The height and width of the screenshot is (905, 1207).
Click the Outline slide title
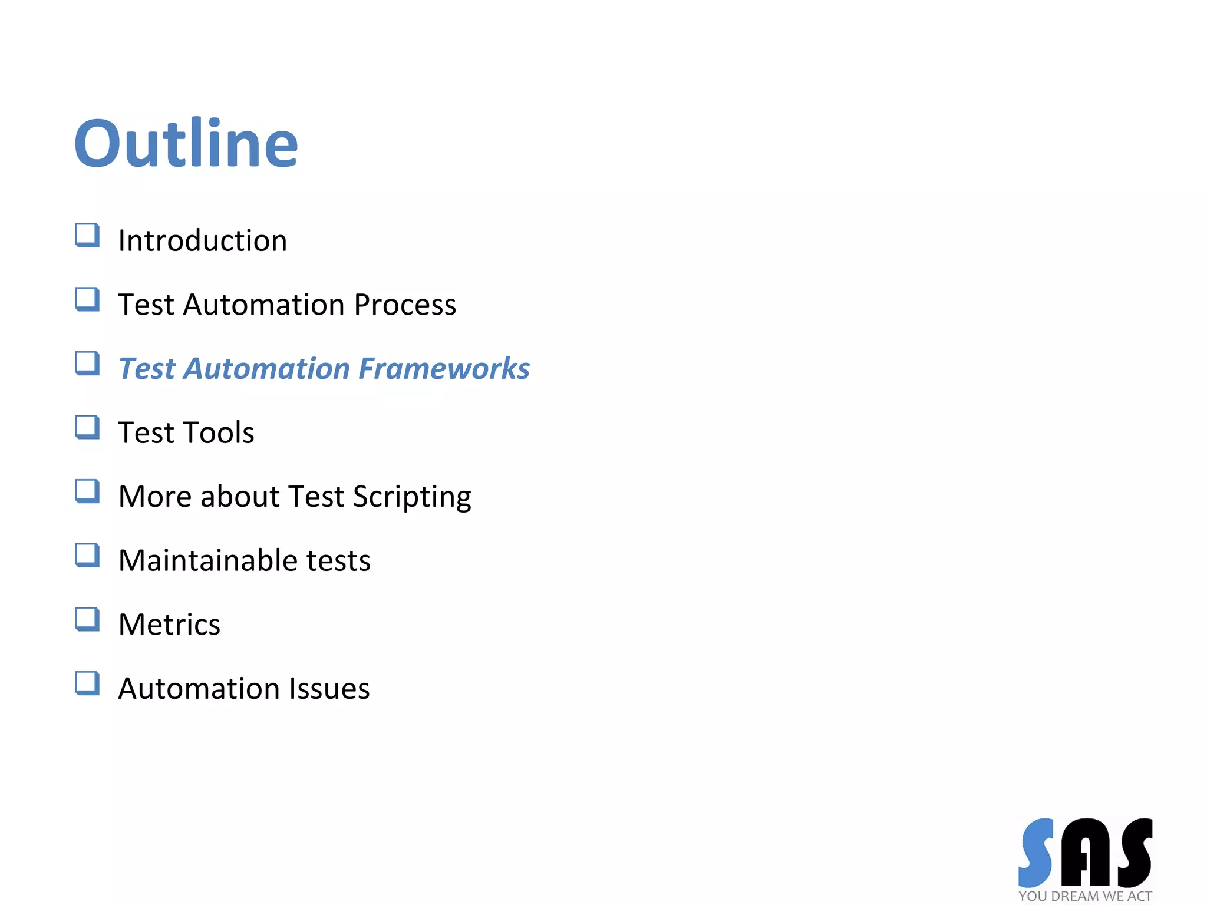186,143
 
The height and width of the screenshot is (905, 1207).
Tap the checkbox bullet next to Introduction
87,235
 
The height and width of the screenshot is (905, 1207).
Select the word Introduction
203,241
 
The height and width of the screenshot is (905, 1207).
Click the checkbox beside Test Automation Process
87,299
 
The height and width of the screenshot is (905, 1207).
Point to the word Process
405,305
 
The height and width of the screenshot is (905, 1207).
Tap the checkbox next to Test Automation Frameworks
87,364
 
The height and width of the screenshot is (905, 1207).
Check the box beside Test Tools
87,428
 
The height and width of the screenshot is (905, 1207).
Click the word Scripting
412,497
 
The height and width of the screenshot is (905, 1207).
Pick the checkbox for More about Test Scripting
87,491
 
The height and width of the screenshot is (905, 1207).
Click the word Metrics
169,625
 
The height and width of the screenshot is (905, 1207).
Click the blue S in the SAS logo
1037,853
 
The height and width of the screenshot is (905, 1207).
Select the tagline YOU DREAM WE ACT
1085,896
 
